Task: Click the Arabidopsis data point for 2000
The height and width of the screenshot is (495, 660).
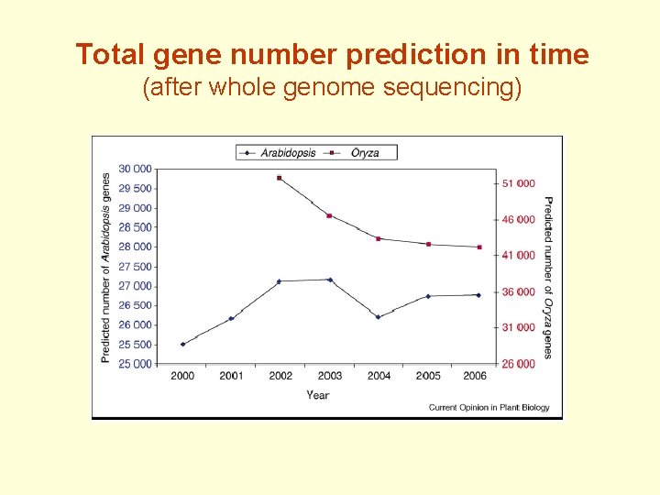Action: (182, 345)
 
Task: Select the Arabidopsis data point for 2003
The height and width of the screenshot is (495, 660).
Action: (330, 280)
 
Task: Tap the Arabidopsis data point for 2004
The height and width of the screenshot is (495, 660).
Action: (379, 317)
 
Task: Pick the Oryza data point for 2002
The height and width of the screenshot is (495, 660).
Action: (280, 178)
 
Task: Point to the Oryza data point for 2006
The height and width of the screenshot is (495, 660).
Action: (478, 247)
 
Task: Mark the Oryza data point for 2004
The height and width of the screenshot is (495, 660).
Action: (379, 238)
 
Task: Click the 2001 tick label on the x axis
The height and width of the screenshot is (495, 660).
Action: (231, 376)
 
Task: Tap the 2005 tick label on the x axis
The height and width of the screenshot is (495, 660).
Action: (428, 376)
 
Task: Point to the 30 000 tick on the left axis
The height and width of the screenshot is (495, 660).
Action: (136, 170)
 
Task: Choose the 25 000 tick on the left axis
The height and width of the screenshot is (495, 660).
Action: (136, 364)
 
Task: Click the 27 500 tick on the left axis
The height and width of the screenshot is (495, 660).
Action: (136, 267)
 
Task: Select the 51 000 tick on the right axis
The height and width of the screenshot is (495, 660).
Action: (520, 183)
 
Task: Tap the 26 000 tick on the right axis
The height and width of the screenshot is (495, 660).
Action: (520, 364)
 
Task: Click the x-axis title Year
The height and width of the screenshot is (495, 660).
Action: (318, 395)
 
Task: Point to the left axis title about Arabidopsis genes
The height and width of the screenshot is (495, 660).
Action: (106, 267)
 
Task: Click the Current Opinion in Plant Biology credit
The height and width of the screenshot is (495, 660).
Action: (489, 408)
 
